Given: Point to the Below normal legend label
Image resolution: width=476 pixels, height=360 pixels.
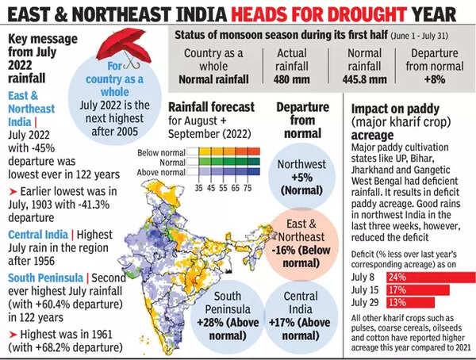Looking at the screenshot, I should (182, 151).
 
